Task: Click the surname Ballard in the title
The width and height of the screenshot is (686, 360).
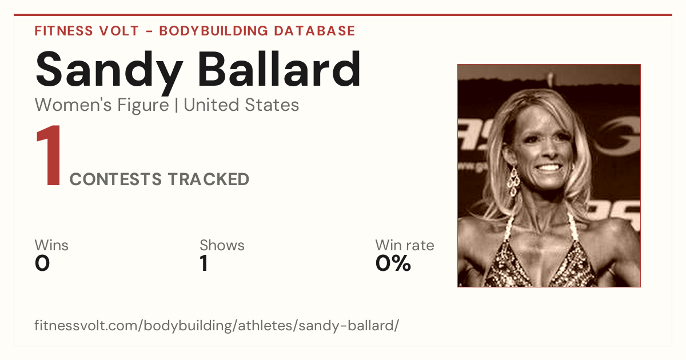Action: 280,69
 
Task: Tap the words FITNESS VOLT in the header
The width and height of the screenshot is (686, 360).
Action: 87,31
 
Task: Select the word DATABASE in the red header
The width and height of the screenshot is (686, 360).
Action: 314,31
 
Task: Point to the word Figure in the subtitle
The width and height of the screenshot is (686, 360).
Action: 143,106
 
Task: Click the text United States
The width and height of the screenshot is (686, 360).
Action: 241,105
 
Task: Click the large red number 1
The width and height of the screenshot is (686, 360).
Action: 49,155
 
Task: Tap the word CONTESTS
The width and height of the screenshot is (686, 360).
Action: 115,179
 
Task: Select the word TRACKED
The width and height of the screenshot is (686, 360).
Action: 208,179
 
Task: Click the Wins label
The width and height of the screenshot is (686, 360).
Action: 51,245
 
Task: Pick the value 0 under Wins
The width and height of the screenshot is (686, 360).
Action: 42,263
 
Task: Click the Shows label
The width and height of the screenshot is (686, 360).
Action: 222,245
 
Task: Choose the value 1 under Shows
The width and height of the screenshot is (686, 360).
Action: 204,263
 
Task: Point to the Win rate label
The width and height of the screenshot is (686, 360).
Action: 405,245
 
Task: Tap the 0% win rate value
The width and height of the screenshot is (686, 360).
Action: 393,263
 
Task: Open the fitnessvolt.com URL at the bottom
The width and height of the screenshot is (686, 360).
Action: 217,325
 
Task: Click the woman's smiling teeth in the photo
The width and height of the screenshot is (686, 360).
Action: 548,168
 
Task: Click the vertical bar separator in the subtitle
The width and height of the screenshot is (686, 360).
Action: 176,105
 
